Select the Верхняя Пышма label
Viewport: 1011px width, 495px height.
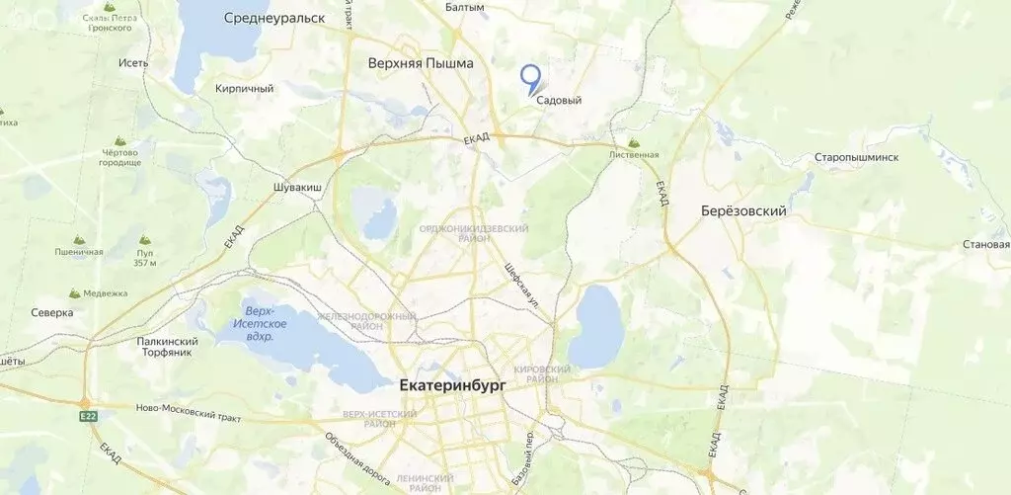pos(420,63)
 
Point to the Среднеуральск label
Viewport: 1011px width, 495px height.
pos(274,18)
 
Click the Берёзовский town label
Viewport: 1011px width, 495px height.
pos(743,210)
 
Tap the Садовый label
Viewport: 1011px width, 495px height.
pos(559,100)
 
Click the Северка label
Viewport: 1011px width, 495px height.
pos(51,312)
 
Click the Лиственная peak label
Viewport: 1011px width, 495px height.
pos(634,154)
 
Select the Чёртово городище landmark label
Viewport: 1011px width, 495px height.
pos(120,158)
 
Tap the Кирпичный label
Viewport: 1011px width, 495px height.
pos(244,88)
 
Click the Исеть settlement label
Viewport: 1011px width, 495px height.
pos(132,63)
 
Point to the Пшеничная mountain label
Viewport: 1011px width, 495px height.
pos(79,252)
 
